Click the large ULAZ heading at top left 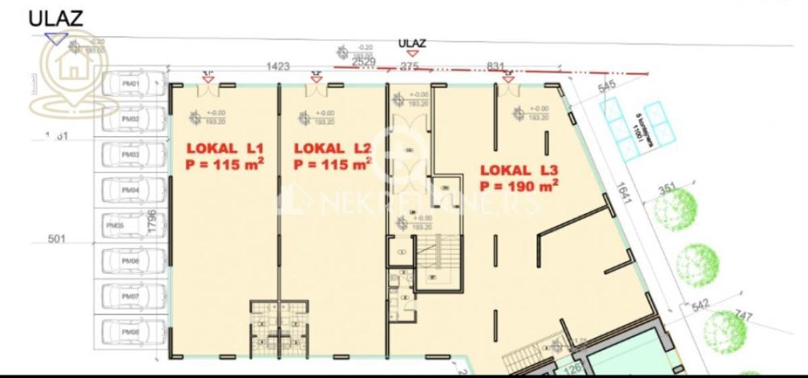click(x=56, y=19)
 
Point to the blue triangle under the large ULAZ click(x=55, y=38)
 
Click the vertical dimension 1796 click(x=152, y=223)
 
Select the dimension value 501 click(x=55, y=239)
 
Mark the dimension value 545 click(x=607, y=86)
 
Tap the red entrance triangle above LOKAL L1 click(x=208, y=78)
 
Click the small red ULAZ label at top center click(x=412, y=43)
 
